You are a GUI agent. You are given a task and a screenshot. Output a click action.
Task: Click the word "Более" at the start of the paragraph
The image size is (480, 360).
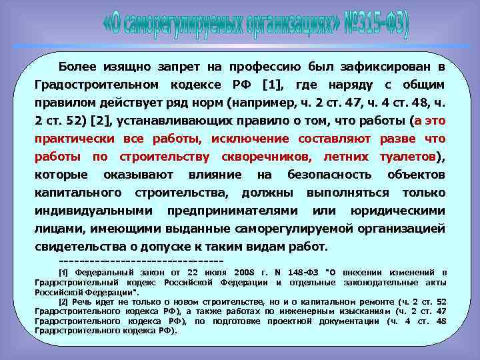[78, 68]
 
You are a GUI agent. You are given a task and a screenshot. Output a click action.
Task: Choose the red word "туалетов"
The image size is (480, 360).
[406, 157]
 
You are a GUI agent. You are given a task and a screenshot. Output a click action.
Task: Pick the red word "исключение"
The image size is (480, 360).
[250, 139]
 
